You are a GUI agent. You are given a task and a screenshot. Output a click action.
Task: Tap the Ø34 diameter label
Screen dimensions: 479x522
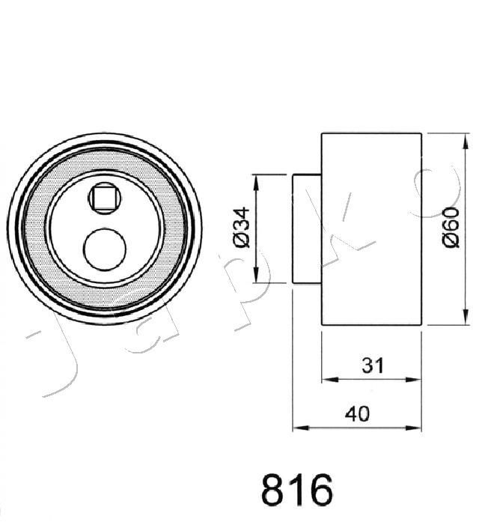click(x=242, y=228)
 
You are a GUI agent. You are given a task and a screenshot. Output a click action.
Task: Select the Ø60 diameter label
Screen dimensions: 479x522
click(x=451, y=228)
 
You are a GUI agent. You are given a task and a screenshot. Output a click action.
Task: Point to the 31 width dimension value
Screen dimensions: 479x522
click(x=373, y=365)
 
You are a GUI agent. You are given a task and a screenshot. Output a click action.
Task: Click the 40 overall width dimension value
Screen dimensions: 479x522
click(x=357, y=414)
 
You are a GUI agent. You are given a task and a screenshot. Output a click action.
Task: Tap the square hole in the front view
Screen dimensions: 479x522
click(x=104, y=198)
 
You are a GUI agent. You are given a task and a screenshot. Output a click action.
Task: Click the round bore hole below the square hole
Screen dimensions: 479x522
click(x=105, y=249)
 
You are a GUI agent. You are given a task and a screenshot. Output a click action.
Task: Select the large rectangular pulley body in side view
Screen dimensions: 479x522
click(x=371, y=228)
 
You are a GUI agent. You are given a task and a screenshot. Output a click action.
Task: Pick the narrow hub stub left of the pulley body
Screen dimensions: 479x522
click(x=307, y=228)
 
